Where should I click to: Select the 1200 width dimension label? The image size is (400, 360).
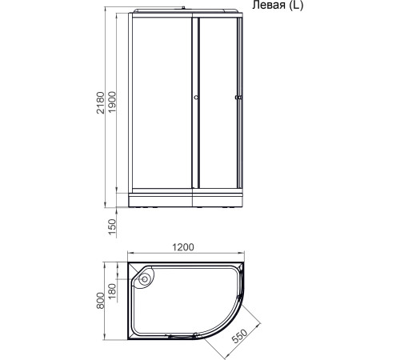(x=184, y=248)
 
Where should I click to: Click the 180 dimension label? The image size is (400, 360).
(x=113, y=288)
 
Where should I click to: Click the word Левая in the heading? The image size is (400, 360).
(x=270, y=6)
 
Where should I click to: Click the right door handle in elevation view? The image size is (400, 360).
(x=237, y=99)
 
